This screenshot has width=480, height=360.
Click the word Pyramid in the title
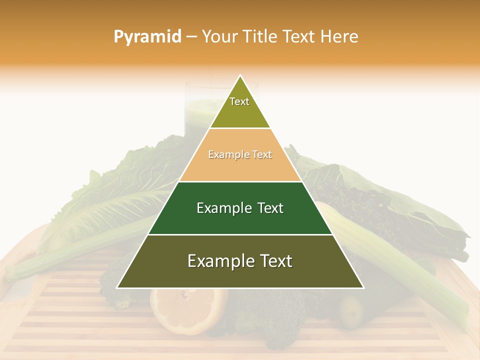[147, 37]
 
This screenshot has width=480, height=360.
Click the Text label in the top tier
[239, 101]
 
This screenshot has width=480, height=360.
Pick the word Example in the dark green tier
[222, 208]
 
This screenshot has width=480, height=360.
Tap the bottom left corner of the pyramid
[117, 287]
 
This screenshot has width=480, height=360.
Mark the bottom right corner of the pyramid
[363, 287]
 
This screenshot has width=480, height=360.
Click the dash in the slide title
[191, 37]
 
